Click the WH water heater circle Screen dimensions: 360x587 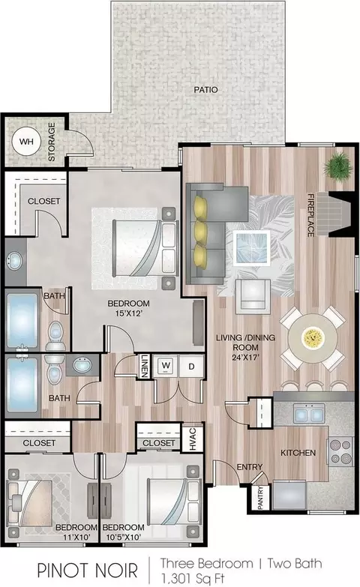pos(25,142)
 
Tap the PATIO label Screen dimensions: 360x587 pos(205,90)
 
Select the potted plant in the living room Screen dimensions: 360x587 pos(338,166)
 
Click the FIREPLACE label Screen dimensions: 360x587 pos(310,215)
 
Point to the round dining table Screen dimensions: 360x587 pos(312,338)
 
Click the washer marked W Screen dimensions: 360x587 pos(166,366)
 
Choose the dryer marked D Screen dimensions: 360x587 pos(191,366)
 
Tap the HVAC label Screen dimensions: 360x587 pos(193,439)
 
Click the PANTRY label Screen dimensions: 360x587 pos(261,498)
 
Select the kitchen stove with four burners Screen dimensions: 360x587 pos(340,452)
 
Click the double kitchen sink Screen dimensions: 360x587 pos(308,414)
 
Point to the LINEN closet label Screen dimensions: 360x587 pos(145,366)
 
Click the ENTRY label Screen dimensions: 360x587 pos(250,467)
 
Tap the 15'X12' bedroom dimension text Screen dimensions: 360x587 pos(128,313)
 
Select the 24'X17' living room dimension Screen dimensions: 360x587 pos(246,357)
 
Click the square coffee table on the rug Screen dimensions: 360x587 pos(251,248)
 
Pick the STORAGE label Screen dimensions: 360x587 pos(52,142)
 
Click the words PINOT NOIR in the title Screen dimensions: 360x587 pos(88,571)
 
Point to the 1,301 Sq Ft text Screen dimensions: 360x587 pos(193,577)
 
